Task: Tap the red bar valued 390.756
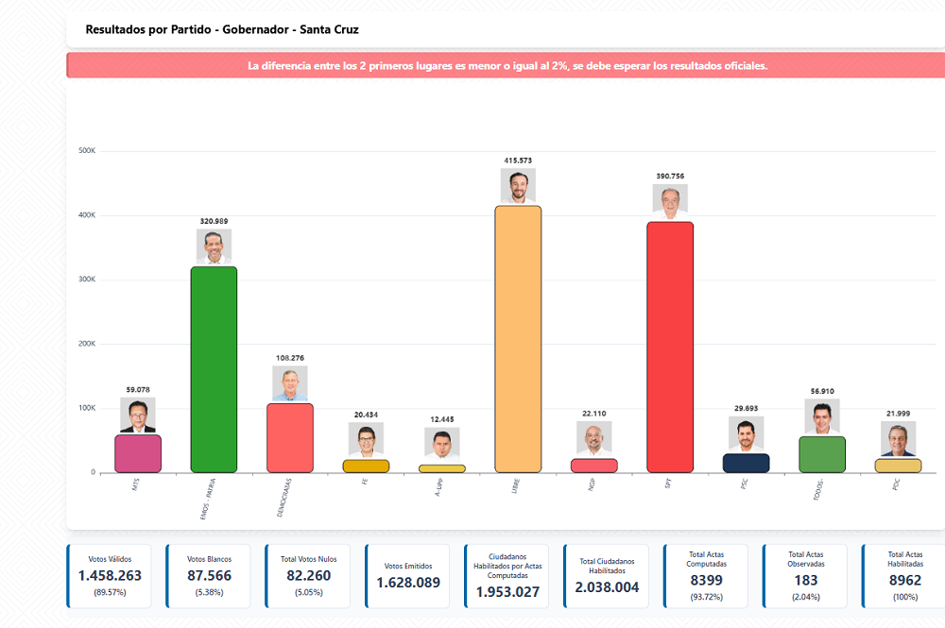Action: pyautogui.click(x=670, y=347)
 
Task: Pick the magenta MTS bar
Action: pyautogui.click(x=138, y=453)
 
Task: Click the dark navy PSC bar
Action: pyautogui.click(x=746, y=463)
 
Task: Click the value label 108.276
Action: pyautogui.click(x=290, y=358)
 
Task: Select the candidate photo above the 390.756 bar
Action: pyautogui.click(x=670, y=200)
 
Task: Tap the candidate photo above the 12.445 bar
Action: pyautogui.click(x=442, y=442)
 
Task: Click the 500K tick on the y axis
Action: pyautogui.click(x=87, y=151)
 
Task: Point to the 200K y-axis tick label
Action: pyautogui.click(x=87, y=344)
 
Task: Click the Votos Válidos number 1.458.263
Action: pyautogui.click(x=111, y=576)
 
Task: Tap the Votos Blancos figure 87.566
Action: pyautogui.click(x=210, y=576)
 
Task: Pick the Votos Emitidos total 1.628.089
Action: pyautogui.click(x=408, y=583)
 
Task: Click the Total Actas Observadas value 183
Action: pyautogui.click(x=806, y=580)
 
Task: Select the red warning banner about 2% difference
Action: pyautogui.click(x=507, y=66)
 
